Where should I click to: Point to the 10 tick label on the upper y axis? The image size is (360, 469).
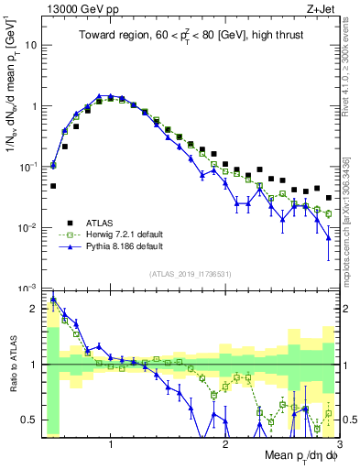point(30,45)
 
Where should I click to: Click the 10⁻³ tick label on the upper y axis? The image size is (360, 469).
point(28,289)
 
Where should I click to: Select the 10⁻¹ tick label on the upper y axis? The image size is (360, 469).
point(28,167)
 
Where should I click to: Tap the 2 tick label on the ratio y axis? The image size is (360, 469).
point(34,310)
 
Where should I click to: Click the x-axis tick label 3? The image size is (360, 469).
point(339,444)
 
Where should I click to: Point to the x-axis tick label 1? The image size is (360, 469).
point(111,444)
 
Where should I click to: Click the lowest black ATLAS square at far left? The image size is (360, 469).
point(53,186)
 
